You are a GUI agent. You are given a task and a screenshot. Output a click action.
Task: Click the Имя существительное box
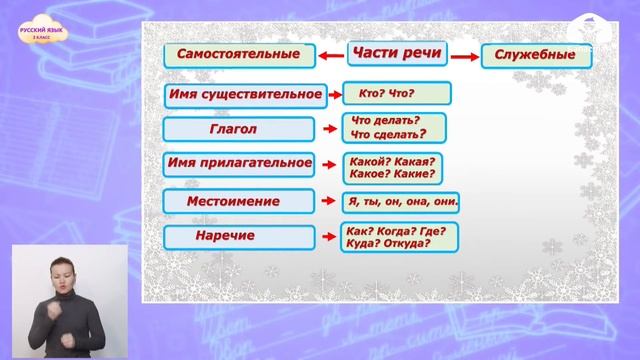point(245,96)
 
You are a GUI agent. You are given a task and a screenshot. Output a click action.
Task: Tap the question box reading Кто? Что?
point(395,95)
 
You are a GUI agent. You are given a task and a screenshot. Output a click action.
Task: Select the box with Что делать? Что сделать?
point(393,127)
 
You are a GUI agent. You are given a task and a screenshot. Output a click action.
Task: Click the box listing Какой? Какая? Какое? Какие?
point(394,166)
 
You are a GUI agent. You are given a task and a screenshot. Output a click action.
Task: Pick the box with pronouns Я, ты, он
point(400,201)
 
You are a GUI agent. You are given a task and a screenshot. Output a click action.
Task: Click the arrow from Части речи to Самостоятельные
point(330,56)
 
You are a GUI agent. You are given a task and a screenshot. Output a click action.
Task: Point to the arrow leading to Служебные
point(462,57)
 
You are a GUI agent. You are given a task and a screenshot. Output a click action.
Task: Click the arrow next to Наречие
point(328,237)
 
